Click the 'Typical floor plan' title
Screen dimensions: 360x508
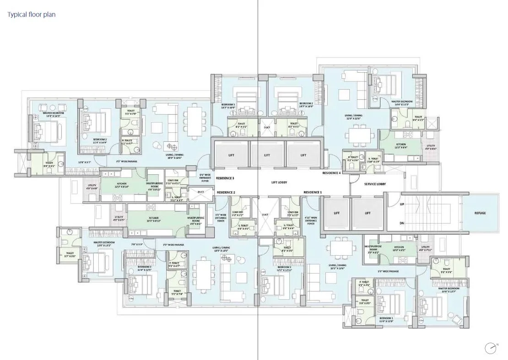[31, 15]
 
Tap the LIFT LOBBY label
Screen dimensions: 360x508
[279, 182]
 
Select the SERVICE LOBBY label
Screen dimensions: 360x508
[375, 184]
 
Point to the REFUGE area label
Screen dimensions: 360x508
[480, 213]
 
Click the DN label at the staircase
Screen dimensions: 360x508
[401, 223]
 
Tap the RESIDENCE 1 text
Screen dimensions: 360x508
[313, 192]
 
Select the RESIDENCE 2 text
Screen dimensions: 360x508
[226, 192]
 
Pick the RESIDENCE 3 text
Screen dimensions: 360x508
[225, 177]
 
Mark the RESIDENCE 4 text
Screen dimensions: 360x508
[331, 173]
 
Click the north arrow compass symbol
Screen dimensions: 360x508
[491, 348]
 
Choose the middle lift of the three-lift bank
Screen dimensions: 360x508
[267, 155]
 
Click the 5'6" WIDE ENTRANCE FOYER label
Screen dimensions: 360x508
[204, 177]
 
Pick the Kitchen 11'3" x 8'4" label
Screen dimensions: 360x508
[401, 146]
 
